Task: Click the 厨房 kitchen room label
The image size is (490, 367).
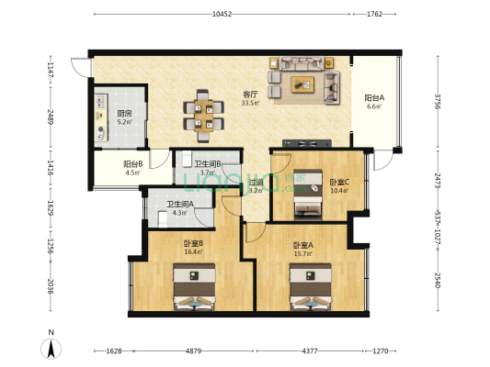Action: point(123,113)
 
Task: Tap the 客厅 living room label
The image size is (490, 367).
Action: point(249,95)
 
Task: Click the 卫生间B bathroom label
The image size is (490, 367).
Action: point(207,164)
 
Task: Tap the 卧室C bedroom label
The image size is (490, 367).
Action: point(339,182)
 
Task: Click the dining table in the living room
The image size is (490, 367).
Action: point(202,110)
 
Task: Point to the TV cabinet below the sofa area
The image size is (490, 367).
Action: point(305,143)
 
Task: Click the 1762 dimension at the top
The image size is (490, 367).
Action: point(375,14)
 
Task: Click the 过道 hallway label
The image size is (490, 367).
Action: point(256,186)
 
